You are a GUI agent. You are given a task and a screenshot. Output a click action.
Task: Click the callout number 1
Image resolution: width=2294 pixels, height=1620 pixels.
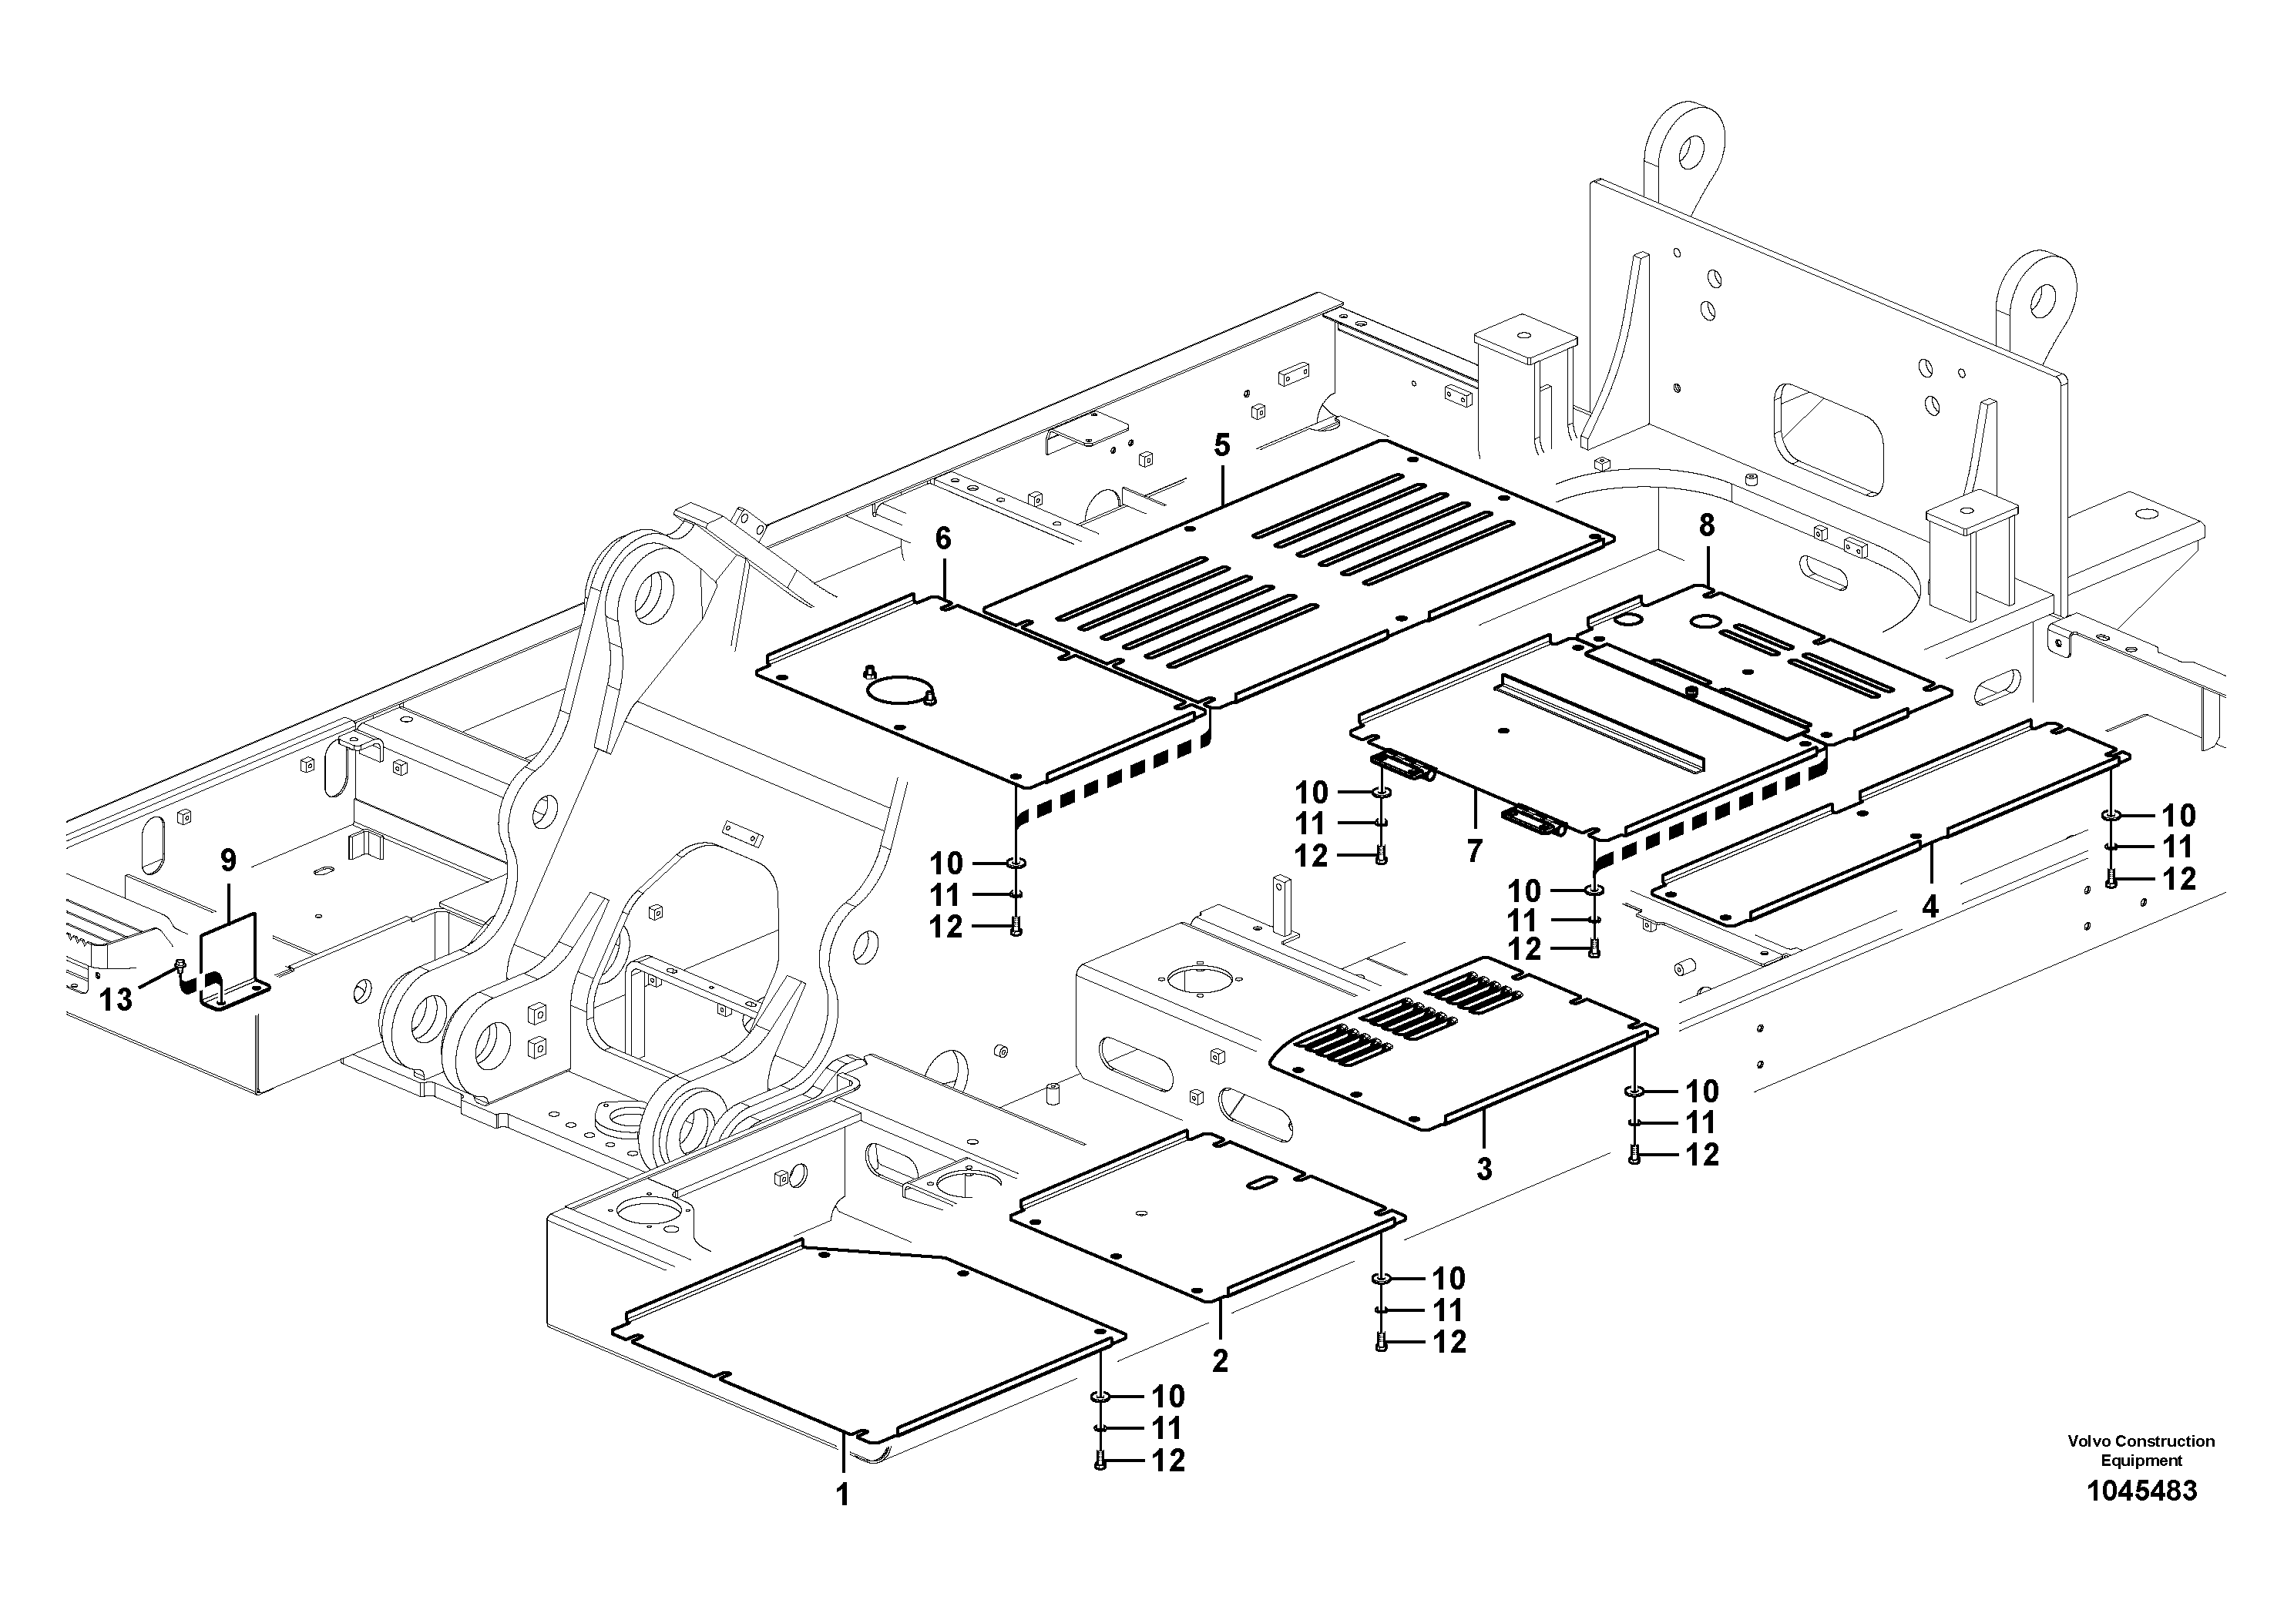pyautogui.click(x=842, y=1495)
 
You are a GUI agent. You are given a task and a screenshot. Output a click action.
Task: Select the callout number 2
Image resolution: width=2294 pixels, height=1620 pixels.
pyautogui.click(x=1220, y=1360)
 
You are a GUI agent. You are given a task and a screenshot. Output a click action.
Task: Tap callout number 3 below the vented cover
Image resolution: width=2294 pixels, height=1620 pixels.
pyautogui.click(x=1483, y=1168)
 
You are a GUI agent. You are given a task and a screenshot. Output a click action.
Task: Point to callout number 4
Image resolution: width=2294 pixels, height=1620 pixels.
pyautogui.click(x=1930, y=907)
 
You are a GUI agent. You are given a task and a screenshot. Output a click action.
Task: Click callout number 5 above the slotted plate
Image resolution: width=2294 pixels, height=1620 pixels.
pyautogui.click(x=1222, y=445)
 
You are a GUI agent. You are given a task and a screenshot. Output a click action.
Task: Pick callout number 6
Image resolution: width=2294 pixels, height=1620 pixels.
pyautogui.click(x=943, y=539)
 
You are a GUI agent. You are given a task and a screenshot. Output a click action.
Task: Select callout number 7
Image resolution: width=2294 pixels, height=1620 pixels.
pyautogui.click(x=1475, y=851)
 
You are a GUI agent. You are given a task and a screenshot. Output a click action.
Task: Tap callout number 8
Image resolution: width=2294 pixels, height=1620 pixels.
pyautogui.click(x=1707, y=525)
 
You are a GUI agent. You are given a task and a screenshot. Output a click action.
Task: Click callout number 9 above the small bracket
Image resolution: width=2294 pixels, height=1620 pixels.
pyautogui.click(x=229, y=860)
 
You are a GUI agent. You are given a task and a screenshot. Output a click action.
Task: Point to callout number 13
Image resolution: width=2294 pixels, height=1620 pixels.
pyautogui.click(x=116, y=1000)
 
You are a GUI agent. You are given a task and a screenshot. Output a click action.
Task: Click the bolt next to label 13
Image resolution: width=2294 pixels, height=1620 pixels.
pyautogui.click(x=180, y=964)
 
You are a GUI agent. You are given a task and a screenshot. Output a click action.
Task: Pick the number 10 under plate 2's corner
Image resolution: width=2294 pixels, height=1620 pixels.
pyautogui.click(x=1448, y=1279)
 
